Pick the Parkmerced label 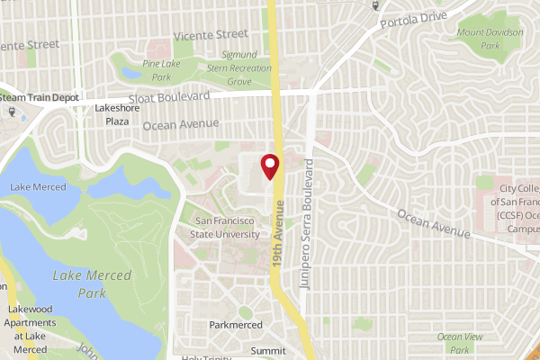[235, 324]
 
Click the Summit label [267, 350]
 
